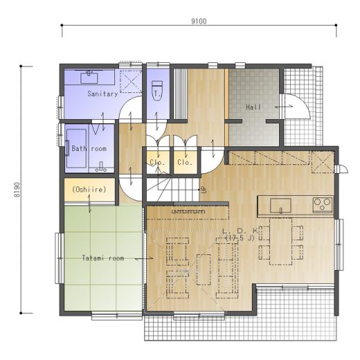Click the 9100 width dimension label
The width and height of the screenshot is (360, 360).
coord(199,21)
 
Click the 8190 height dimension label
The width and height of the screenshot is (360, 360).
coord(17,190)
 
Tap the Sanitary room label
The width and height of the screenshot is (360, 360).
coord(102,93)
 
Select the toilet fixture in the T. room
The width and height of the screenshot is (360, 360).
coord(157,91)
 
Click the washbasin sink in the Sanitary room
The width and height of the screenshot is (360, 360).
coord(89,78)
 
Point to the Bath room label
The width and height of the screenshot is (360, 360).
coord(89,148)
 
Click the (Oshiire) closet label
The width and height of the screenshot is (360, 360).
coord(89,190)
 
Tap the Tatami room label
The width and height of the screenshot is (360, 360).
coord(103,258)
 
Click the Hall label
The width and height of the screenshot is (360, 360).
coord(253,107)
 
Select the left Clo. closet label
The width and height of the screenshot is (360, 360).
coord(157,162)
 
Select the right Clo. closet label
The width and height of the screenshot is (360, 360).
coord(185,162)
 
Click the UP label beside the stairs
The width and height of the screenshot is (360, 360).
coord(204,190)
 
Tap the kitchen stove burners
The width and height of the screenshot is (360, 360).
coord(323,205)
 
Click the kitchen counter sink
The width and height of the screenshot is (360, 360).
coord(280,206)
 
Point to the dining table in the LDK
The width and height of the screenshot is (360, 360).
coord(281,241)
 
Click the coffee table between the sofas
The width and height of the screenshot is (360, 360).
coord(204,269)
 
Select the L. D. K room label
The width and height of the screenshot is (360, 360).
coord(240,231)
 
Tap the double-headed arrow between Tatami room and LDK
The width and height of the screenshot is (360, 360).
coord(144,259)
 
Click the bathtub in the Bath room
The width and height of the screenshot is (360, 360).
coord(76,148)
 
